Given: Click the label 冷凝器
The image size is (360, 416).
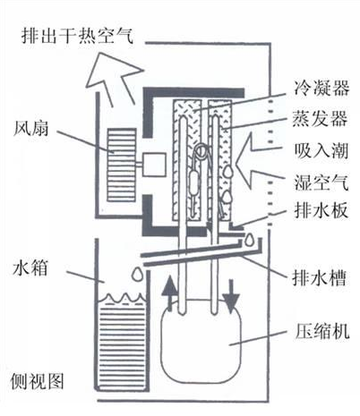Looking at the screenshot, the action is tap(321, 89).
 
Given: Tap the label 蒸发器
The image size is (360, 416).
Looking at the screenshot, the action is tap(320, 119).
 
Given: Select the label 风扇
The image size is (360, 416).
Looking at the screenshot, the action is tap(30, 129).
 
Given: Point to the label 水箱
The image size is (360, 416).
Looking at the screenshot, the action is tap(30, 267).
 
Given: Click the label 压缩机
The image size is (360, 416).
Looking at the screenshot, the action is tap(321, 330).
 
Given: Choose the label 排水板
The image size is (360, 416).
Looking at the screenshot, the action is tap(321, 210).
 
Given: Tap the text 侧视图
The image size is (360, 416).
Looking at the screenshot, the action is tap(38, 381).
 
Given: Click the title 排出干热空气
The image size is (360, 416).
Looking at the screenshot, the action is tap(78, 36).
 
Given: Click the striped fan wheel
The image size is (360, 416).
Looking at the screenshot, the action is tap(122, 165).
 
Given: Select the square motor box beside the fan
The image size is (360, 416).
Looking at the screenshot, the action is tap(154, 165).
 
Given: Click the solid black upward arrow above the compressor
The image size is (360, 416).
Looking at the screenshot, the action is tap(169, 293).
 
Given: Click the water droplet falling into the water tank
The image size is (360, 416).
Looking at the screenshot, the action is tap(137, 274).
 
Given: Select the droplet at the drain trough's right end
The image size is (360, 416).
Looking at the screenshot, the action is tap(249, 241).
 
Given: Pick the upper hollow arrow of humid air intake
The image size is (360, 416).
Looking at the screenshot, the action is tap(259, 146).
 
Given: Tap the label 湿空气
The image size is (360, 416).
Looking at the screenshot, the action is tap(321, 182).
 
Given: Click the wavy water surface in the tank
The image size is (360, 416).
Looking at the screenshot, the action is tap(122, 299).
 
